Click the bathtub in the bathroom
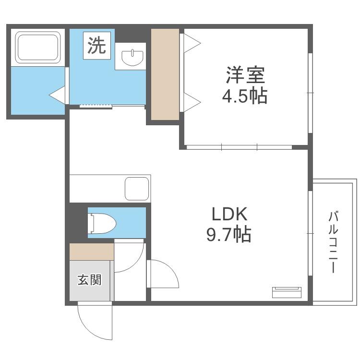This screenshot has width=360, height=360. (x=38, y=48)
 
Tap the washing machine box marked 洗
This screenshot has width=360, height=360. (x=97, y=46)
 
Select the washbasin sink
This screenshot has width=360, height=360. (x=132, y=57)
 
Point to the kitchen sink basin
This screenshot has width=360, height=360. (x=137, y=189)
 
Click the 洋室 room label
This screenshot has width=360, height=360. (x=245, y=75)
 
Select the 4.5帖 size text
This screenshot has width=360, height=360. (x=245, y=96)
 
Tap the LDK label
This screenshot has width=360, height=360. (x=229, y=214)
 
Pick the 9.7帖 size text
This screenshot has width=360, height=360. (x=228, y=234)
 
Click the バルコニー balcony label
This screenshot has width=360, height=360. (x=334, y=242)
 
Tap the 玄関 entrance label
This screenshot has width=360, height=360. (x=90, y=280)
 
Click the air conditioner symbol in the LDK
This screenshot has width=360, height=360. (x=287, y=292)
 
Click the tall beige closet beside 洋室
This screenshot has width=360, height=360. (x=165, y=74)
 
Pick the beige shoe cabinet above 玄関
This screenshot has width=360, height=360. (x=92, y=252)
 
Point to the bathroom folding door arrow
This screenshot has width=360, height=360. (x=57, y=95)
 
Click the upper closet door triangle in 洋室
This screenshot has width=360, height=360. (x=192, y=43)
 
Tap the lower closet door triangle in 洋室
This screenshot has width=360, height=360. (x=192, y=102)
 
